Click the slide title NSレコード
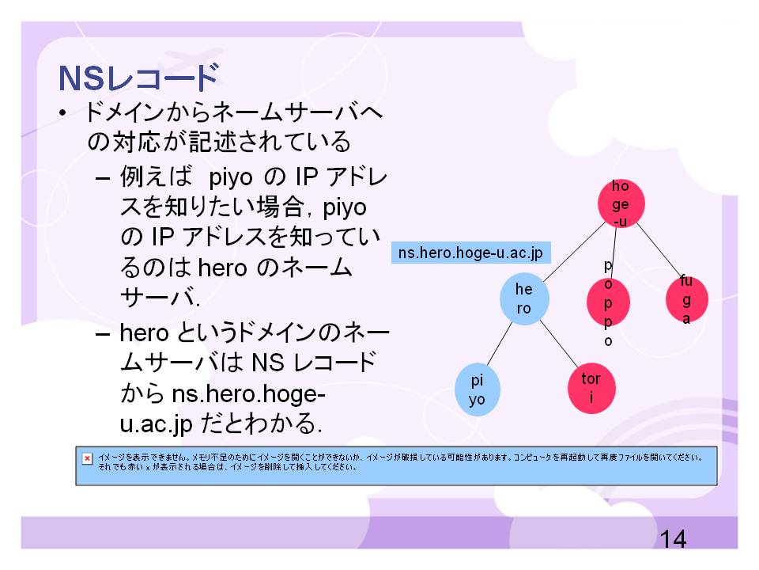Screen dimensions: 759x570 pyautogui.click(x=139, y=78)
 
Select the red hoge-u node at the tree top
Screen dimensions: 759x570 pyautogui.click(x=621, y=204)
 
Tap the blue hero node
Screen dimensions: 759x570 pyautogui.click(x=524, y=298)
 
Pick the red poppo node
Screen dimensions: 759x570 pyautogui.click(x=608, y=302)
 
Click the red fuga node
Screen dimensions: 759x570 pyautogui.click(x=687, y=300)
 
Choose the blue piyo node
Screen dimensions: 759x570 pyautogui.click(x=478, y=389)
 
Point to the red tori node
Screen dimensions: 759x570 pyautogui.click(x=591, y=388)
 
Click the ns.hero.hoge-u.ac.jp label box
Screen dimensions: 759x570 pyautogui.click(x=471, y=253)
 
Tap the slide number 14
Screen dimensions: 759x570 pyautogui.click(x=673, y=539)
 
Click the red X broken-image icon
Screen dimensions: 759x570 pyautogui.click(x=87, y=458)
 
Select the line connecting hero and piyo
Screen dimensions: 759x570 pyautogui.click(x=499, y=344)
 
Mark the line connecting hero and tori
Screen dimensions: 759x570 pyautogui.click(x=559, y=344)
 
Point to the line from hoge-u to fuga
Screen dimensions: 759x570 pyautogui.click(x=659, y=251)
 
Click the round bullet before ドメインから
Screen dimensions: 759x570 pyautogui.click(x=62, y=113)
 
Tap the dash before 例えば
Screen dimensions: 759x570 pyautogui.click(x=102, y=178)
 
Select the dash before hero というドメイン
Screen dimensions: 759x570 pyautogui.click(x=102, y=334)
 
